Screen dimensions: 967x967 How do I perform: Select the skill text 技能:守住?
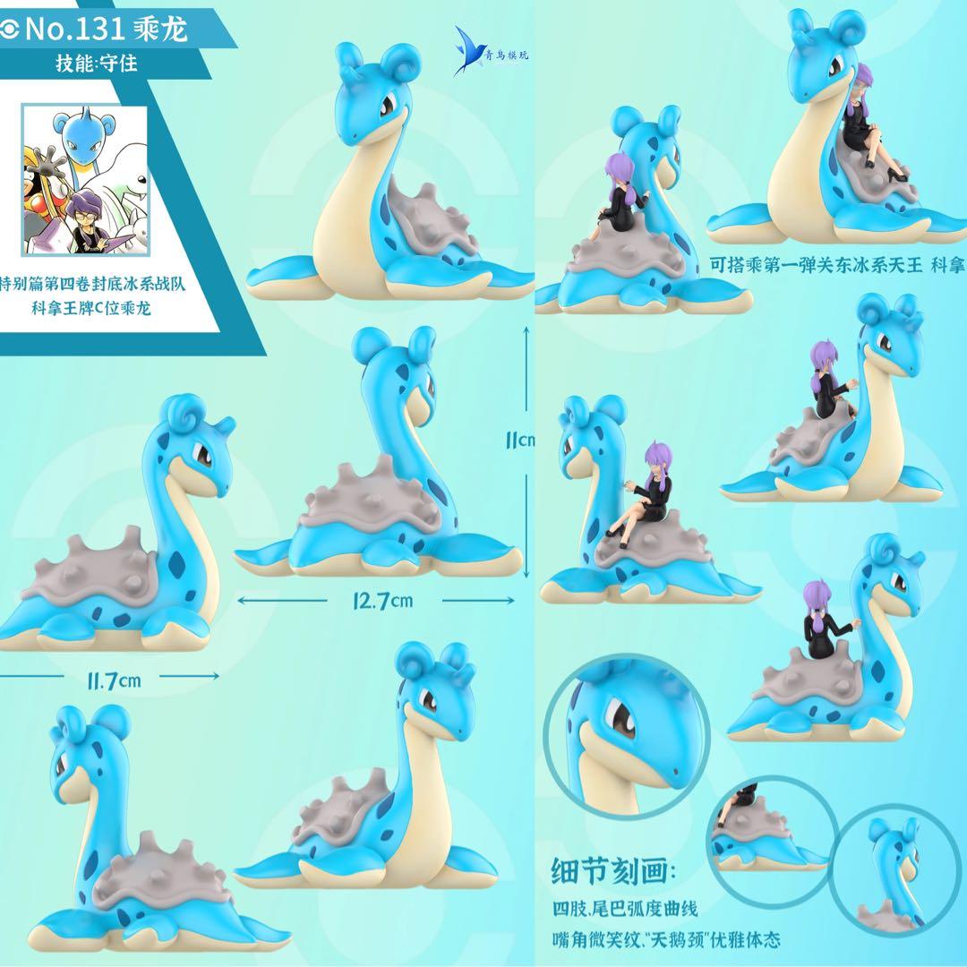pos(98,65)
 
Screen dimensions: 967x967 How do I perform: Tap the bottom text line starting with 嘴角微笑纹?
pos(666,939)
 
